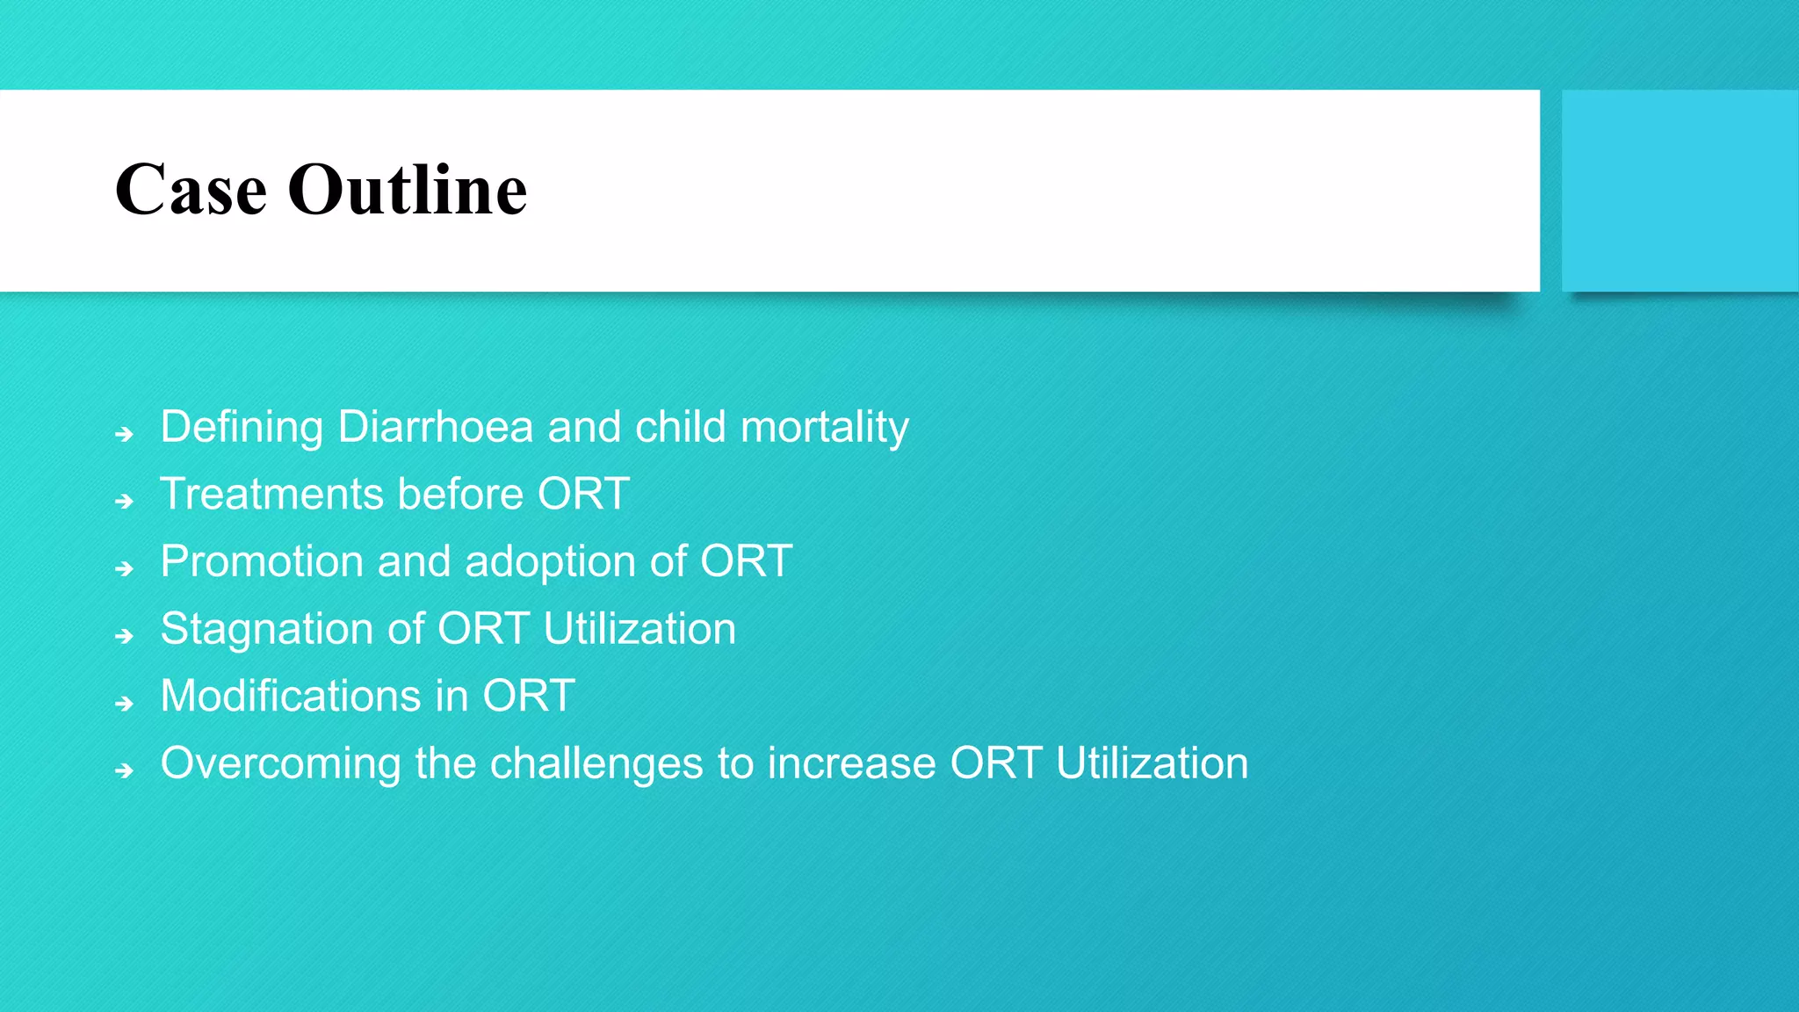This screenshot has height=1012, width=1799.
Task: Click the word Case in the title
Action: [191, 190]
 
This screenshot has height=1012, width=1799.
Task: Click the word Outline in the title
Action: [408, 190]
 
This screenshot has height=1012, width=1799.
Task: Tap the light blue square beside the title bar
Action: [1679, 191]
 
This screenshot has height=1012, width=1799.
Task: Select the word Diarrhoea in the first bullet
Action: [435, 427]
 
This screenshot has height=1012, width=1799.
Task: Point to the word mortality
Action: [824, 429]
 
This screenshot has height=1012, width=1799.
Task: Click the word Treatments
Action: [271, 494]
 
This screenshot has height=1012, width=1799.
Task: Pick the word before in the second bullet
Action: [460, 494]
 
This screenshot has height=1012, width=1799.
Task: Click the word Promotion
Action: [262, 561]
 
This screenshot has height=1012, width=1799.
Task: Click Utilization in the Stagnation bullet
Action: [639, 629]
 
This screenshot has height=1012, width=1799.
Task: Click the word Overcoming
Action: [280, 763]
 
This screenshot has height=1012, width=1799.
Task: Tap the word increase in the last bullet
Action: [851, 763]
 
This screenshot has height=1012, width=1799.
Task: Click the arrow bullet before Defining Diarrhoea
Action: [124, 434]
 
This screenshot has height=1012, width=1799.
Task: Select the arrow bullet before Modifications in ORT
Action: [124, 703]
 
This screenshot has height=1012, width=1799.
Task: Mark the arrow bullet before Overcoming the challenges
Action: [124, 770]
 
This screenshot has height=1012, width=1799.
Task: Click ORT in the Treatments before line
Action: [583, 494]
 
